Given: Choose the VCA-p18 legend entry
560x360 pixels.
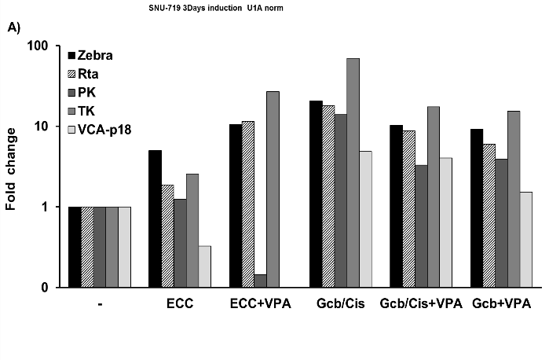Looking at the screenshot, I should [108, 129].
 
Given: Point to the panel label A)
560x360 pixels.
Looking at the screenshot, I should [13, 27].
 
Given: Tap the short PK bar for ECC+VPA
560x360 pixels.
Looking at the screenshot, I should [260, 281].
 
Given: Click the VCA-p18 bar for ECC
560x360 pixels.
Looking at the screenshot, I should [204, 266].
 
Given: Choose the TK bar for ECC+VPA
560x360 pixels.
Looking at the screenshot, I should [273, 189].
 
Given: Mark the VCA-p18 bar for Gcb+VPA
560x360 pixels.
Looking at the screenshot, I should [525, 240].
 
